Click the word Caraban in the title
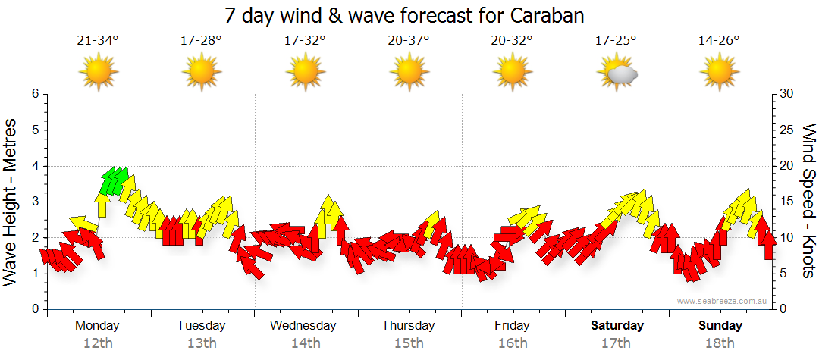point(548,15)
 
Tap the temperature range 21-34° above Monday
point(98,40)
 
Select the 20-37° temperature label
point(409,40)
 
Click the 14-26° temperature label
point(719,40)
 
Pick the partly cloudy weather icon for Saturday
point(616,73)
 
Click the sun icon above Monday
point(98,73)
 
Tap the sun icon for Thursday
point(409,73)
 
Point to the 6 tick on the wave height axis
point(34,94)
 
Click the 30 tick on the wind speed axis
point(786,94)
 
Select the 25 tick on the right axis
point(786,130)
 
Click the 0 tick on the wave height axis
point(34,309)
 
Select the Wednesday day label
point(303,326)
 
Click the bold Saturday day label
point(617,326)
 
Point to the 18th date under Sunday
point(720,343)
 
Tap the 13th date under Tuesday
point(201,343)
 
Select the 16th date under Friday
point(513,343)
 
